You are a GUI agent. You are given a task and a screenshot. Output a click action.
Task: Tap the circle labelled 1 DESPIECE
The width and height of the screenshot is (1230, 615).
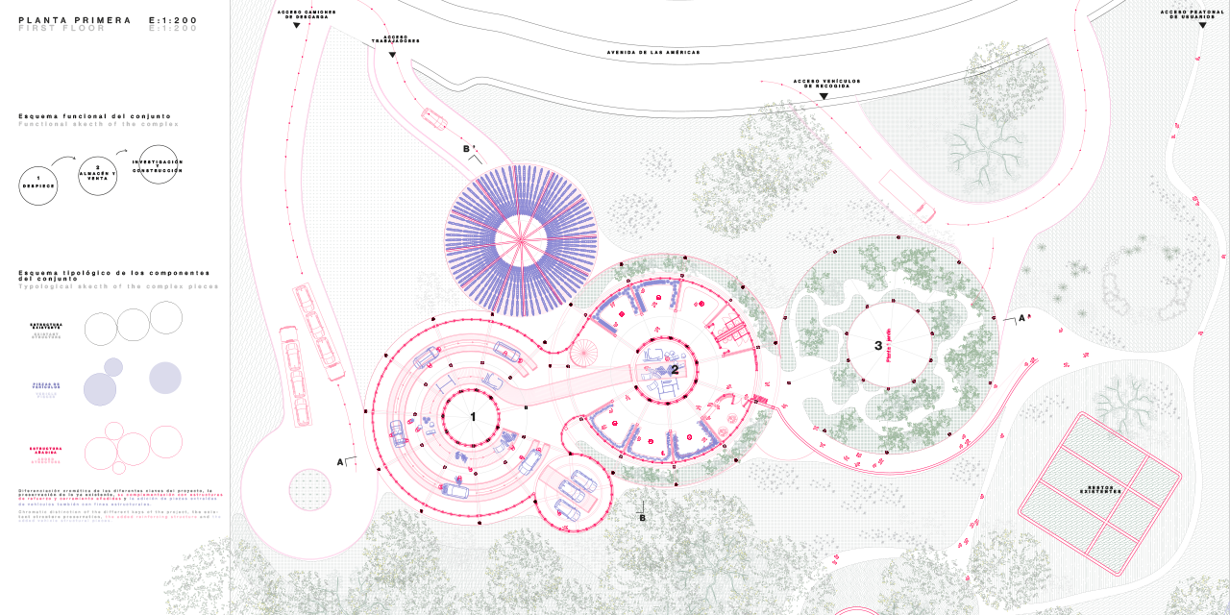point(38,184)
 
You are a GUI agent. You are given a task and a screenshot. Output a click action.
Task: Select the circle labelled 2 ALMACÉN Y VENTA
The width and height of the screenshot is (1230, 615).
point(98,175)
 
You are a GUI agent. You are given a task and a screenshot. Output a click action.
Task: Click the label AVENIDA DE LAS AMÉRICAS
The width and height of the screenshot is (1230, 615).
point(653,52)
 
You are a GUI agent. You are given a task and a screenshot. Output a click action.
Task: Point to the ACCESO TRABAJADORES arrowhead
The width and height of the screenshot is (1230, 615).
point(392,55)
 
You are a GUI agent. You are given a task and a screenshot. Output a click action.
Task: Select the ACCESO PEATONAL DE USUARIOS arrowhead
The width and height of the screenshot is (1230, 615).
point(1202,25)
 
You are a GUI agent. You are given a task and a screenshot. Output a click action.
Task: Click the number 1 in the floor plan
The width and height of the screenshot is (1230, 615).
point(473,416)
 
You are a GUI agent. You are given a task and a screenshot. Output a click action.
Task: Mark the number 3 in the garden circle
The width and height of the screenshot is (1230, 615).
point(877,345)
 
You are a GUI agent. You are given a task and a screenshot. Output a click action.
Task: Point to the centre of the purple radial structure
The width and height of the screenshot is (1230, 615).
point(522,240)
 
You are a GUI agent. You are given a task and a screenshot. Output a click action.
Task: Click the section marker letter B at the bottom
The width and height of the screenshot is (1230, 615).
point(643,517)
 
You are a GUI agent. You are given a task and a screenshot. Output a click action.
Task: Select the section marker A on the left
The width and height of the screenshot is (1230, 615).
point(340,461)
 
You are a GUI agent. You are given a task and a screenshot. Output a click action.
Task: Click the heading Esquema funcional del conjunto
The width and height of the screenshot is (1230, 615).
point(86,116)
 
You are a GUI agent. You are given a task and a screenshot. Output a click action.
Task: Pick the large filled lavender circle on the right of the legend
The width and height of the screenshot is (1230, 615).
point(164,378)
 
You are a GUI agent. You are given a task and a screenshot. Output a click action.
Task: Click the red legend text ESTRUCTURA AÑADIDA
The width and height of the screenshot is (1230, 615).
point(46,450)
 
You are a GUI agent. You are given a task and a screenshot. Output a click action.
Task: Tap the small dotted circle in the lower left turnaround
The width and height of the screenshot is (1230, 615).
point(309,489)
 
